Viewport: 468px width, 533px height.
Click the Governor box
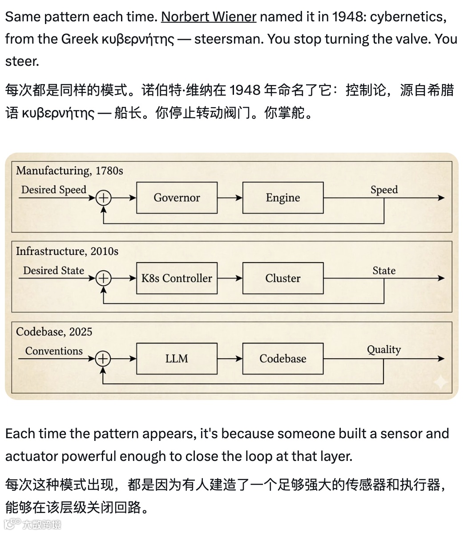click(177, 198)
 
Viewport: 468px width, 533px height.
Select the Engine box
click(283, 198)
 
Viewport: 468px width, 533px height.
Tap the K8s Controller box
click(177, 278)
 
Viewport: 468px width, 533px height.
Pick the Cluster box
click(283, 278)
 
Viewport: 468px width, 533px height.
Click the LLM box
click(177, 359)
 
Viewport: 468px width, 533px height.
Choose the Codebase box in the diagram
click(283, 359)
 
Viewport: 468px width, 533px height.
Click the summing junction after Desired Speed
click(103, 198)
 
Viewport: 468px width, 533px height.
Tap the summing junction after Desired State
click(103, 278)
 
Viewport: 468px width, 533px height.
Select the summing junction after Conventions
click(103, 359)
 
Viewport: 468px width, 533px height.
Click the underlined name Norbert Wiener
click(208, 17)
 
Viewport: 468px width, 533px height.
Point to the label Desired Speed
click(54, 190)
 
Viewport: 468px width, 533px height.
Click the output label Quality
click(383, 350)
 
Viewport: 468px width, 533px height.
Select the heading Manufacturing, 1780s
click(69, 171)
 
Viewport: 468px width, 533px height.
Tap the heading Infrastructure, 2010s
click(67, 251)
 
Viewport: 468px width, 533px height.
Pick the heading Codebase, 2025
click(54, 332)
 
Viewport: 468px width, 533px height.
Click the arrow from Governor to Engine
click(230, 198)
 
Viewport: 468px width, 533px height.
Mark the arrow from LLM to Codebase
click(230, 359)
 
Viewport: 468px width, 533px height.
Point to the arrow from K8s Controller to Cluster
click(230, 278)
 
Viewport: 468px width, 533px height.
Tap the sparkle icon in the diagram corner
click(440, 382)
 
